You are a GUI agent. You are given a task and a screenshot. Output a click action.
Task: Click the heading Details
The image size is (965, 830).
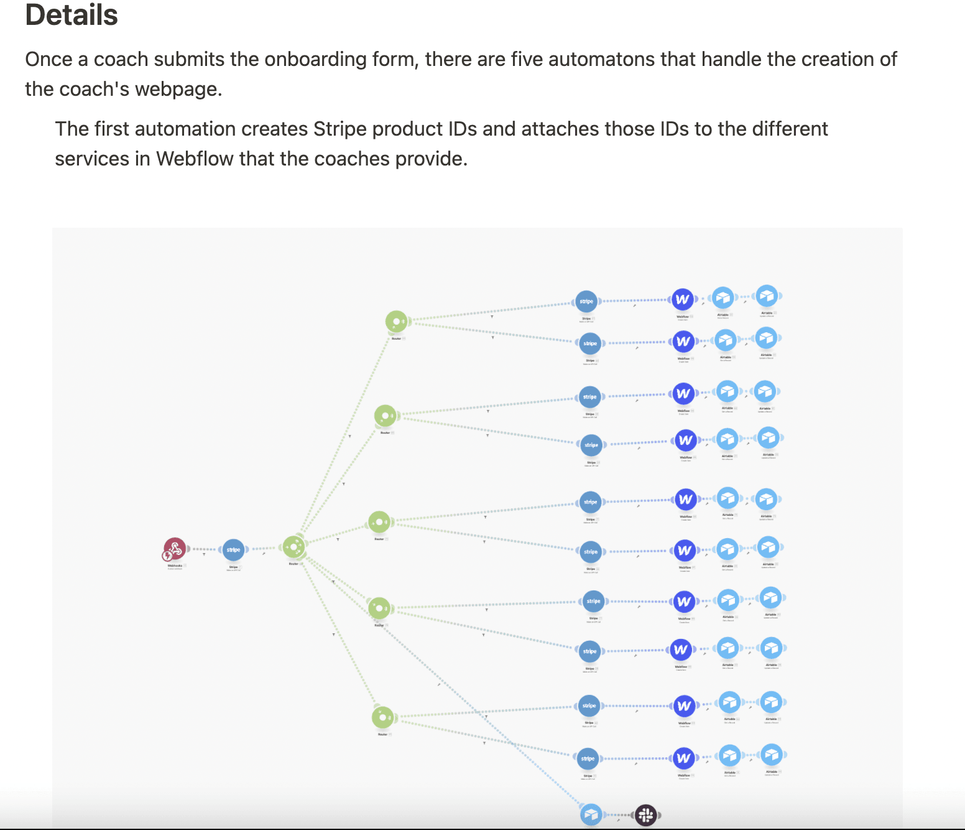[72, 15]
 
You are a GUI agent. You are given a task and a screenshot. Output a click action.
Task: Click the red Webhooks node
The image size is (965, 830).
[175, 549]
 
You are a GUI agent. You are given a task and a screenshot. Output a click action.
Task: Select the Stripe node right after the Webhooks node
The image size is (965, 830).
[233, 549]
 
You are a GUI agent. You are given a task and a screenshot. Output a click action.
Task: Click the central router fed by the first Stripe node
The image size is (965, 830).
[293, 547]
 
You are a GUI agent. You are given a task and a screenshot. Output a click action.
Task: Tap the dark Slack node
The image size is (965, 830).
[646, 814]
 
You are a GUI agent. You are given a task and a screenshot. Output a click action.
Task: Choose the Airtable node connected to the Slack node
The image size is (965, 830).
[591, 814]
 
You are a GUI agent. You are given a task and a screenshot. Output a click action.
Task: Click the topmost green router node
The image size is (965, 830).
[396, 322]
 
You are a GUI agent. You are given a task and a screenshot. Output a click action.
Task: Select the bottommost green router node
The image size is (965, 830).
[382, 717]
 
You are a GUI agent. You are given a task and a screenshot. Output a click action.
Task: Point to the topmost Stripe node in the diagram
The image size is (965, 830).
[586, 301]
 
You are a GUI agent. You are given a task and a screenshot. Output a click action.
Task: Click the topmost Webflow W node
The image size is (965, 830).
[682, 299]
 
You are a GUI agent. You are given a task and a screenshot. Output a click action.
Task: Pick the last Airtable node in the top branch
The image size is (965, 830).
[767, 297]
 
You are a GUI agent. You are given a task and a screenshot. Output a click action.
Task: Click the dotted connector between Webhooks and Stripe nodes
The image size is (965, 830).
[203, 549]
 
